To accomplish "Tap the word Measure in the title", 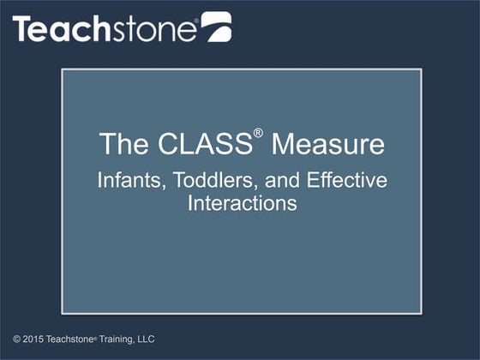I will tap(327, 144).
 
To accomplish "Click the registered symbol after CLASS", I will tap(259, 135).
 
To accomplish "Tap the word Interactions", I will tap(241, 203).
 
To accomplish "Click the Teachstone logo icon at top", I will tap(215, 27).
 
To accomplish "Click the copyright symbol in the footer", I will tap(16, 339).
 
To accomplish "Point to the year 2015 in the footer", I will tap(34, 339).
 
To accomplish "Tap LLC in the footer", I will tap(146, 339).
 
